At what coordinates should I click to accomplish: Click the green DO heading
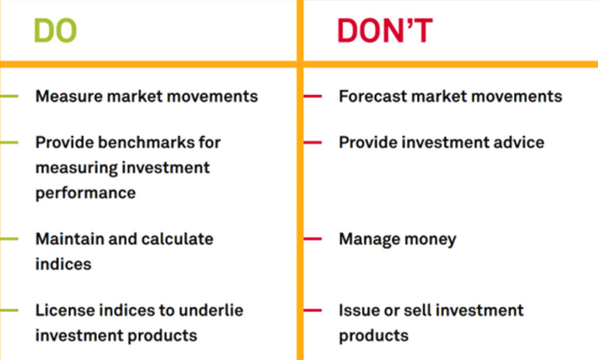pyautogui.click(x=55, y=31)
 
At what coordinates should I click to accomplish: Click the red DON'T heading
pyautogui.click(x=384, y=31)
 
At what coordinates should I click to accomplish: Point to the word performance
pyautogui.click(x=85, y=193)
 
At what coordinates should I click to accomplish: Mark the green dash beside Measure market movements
pyautogui.click(x=9, y=96)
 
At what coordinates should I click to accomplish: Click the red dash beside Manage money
pyautogui.click(x=313, y=238)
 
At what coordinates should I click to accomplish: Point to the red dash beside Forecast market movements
pyautogui.click(x=313, y=96)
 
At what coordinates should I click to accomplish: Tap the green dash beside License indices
pyautogui.click(x=9, y=310)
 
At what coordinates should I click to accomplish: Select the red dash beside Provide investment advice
pyautogui.click(x=313, y=142)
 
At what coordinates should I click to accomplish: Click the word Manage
pyautogui.click(x=366, y=239)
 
